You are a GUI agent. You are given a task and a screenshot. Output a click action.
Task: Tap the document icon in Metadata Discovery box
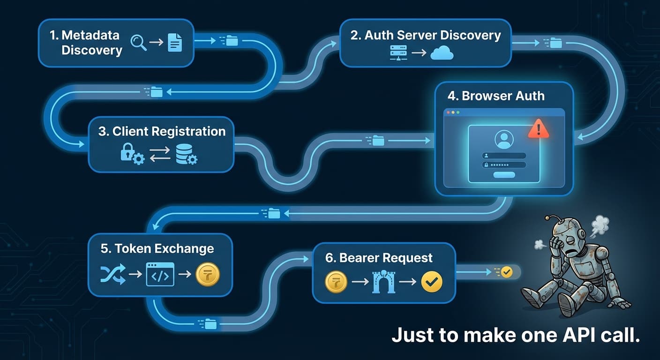coord(174,43)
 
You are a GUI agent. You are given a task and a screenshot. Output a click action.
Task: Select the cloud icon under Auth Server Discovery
coord(442,53)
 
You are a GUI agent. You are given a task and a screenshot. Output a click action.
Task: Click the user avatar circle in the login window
coord(504,140)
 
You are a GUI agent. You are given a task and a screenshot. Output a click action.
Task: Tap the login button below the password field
coord(504,175)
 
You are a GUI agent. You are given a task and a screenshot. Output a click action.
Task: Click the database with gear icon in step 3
coord(186,154)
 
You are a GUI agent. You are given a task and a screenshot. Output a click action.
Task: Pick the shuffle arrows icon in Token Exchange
coord(113,274)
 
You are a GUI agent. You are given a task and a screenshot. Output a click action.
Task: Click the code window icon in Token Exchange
coord(160,274)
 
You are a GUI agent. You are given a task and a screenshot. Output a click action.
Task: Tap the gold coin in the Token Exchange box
coord(208,274)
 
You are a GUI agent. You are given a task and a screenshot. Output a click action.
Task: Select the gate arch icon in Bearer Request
coord(384,282)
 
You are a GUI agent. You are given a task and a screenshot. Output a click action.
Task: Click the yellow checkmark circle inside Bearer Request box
coord(432,282)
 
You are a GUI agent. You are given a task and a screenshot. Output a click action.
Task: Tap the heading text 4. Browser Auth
coord(496,96)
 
